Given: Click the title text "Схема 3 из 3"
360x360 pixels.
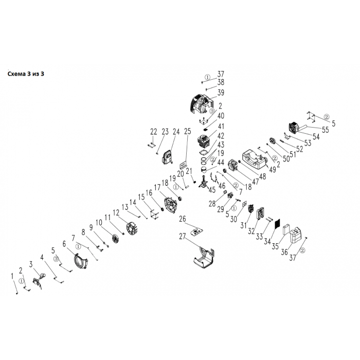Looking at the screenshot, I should coord(31,74).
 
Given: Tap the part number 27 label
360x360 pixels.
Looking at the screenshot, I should coord(182,237).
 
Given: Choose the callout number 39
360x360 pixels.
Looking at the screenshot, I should coord(221,93).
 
